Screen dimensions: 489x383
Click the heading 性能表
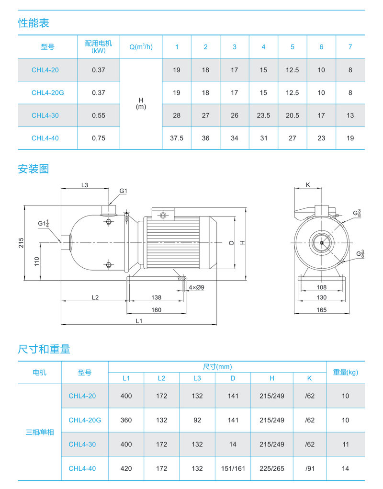tap(34, 23)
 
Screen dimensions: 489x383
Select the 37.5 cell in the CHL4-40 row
tap(177, 138)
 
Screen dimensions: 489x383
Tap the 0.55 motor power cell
tap(98, 115)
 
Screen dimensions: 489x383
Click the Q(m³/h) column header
tap(141, 47)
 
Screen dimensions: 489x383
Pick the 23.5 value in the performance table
tap(263, 115)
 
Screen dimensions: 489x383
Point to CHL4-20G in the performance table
tap(47, 92)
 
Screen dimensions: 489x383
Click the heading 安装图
tap(34, 169)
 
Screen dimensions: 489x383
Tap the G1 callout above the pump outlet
tap(123, 191)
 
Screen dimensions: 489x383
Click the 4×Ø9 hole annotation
tap(196, 287)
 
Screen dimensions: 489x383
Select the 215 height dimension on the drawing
tap(21, 242)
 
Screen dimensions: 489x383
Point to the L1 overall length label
tap(139, 321)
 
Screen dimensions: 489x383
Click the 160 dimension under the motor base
tap(156, 310)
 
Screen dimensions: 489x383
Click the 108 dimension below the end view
tap(321, 287)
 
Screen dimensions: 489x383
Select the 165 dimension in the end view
tap(321, 310)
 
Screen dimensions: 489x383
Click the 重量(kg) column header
tap(345, 372)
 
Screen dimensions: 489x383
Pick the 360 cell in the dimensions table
tap(126, 420)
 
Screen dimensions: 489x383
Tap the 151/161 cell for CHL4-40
tap(233, 468)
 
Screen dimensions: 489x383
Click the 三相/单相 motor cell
tap(40, 432)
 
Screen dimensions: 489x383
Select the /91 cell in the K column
tap(310, 468)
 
